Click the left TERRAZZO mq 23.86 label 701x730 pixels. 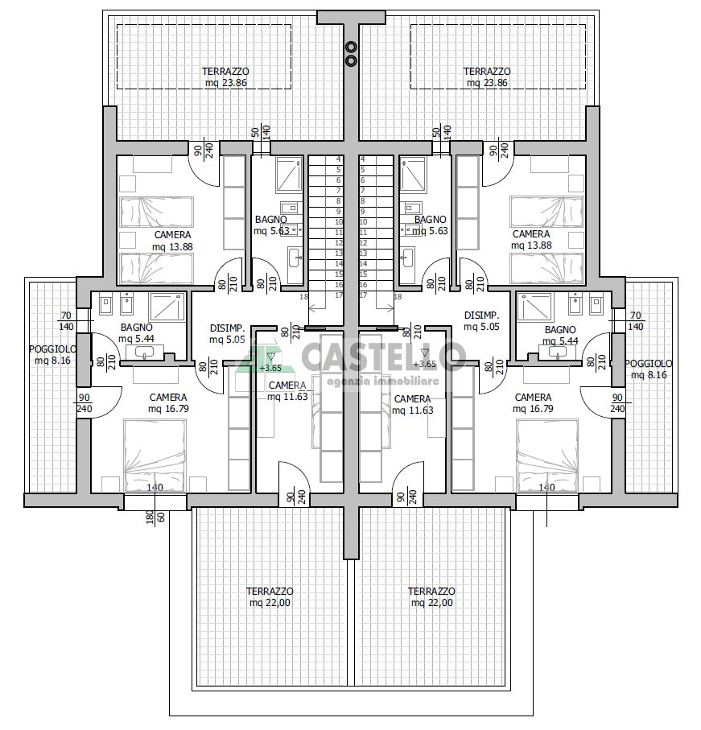[226, 77]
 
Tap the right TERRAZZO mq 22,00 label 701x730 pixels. [431, 597]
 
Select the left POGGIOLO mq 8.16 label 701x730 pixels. [52, 354]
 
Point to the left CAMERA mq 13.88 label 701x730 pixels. [172, 241]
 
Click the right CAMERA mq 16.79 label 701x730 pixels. [533, 403]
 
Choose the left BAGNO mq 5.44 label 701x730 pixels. [136, 333]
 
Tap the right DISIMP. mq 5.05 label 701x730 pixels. [481, 321]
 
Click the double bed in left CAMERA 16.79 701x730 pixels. [155, 455]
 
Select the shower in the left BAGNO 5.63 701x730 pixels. [290, 175]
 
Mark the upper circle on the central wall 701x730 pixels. [352, 46]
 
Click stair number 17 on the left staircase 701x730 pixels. [339, 295]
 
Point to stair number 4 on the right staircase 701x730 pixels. [363, 159]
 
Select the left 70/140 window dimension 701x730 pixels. [66, 321]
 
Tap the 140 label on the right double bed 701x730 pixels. [546, 487]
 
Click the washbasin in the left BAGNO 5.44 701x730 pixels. [144, 353]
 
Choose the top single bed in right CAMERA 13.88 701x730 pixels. [547, 212]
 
